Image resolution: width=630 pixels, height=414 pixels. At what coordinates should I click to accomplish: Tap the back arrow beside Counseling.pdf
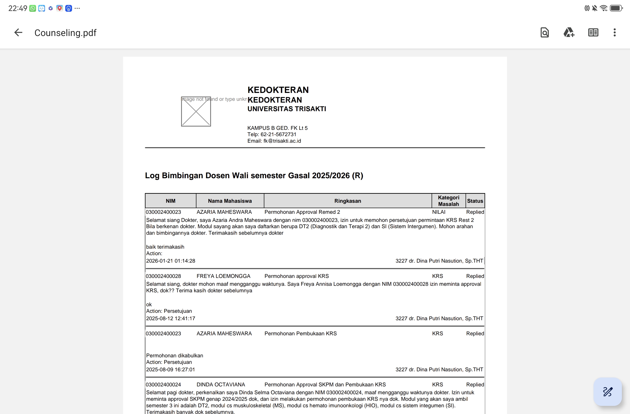(18, 33)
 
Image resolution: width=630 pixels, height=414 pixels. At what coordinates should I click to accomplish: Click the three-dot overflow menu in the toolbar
(614, 33)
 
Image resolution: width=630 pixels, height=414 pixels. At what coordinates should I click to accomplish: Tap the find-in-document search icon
(544, 33)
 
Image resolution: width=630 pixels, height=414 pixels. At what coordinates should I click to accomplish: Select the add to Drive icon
(569, 33)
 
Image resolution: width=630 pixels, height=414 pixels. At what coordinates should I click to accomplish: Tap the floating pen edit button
(607, 391)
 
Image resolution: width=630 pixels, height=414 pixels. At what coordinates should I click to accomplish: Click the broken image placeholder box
(196, 111)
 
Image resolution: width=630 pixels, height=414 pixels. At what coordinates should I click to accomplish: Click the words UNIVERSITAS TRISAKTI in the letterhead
(287, 109)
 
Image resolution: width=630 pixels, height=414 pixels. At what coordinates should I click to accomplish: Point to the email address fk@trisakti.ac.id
(282, 141)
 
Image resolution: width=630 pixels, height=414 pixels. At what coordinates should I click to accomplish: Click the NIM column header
(171, 201)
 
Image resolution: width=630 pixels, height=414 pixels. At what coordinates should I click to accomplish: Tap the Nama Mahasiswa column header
(230, 201)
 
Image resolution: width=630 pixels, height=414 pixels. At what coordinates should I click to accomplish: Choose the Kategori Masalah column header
(448, 201)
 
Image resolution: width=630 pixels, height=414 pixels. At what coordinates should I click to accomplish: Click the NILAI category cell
(439, 212)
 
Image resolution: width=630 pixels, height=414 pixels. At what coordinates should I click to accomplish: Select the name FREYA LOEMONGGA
(223, 276)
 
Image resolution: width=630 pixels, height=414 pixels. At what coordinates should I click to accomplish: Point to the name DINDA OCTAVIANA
(221, 384)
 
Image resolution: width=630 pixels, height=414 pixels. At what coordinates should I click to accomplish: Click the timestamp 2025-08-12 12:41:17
(171, 318)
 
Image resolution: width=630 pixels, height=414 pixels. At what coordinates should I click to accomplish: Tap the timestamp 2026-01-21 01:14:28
(171, 261)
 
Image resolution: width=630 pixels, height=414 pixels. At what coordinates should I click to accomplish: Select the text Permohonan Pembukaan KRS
(300, 333)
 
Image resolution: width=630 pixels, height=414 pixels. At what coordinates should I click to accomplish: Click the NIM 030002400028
(163, 276)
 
